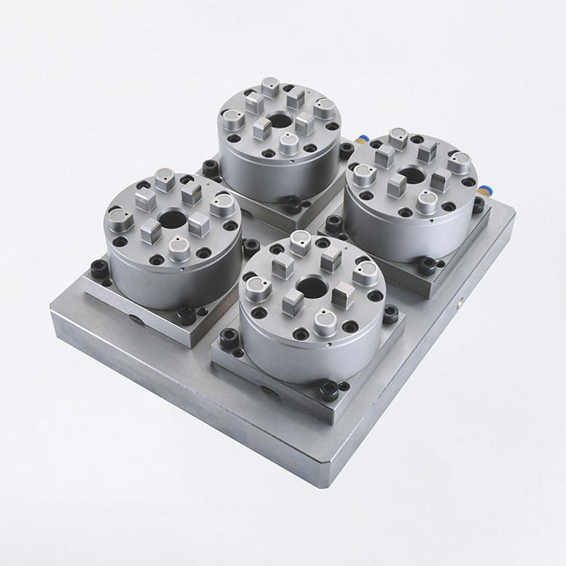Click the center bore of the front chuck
point(310,286)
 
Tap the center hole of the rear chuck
point(280,121)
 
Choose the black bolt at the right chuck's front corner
point(427,265)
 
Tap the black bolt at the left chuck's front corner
point(185,315)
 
